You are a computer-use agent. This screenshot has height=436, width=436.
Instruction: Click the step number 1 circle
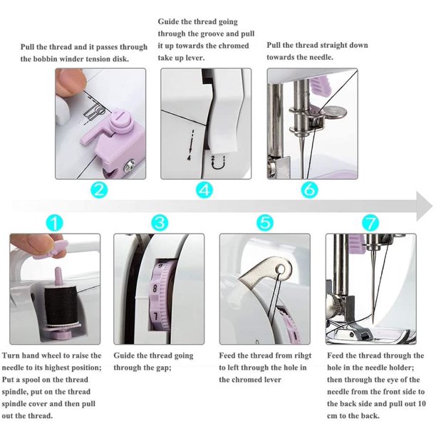click(54, 223)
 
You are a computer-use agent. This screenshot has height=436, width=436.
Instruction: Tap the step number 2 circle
click(100, 190)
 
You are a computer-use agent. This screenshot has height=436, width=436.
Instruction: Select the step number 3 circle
click(160, 223)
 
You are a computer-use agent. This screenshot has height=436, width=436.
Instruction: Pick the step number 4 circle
click(204, 190)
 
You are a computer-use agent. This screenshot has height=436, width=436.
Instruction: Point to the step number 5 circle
click(265, 223)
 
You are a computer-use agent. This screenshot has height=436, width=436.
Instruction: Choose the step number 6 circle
click(309, 190)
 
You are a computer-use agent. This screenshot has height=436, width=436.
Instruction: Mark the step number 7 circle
click(370, 223)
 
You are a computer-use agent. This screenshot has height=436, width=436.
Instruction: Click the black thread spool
click(61, 306)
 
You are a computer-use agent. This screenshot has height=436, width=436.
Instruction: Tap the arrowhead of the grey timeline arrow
click(425, 207)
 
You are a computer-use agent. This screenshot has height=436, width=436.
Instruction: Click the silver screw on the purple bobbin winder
click(129, 165)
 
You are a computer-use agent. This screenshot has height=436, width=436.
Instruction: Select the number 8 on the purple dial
click(155, 289)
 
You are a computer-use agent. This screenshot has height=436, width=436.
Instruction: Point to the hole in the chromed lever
click(281, 269)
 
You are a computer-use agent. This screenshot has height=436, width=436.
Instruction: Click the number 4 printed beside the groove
click(190, 158)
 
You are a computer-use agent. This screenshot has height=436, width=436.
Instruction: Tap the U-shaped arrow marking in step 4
click(218, 164)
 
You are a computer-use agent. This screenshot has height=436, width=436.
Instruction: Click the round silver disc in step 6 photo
click(336, 112)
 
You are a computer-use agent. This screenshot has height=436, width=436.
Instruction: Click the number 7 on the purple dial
click(156, 316)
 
